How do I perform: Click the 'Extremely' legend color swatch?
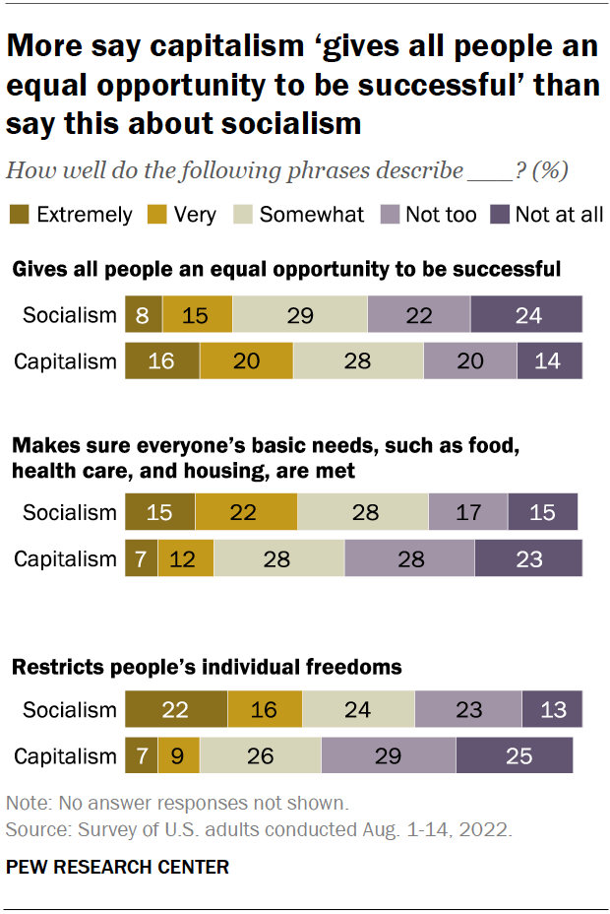coord(20,214)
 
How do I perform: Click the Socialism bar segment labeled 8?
coord(143,314)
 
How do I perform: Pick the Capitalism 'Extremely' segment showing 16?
coord(161,360)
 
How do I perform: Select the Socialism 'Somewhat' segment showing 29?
coord(299,314)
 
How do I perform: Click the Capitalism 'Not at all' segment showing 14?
coord(548,360)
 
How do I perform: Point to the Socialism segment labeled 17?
coord(467,513)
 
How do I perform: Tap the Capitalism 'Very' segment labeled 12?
coord(185,558)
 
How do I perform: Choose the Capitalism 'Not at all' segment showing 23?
coord(527,558)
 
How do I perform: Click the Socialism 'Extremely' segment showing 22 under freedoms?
coord(175,710)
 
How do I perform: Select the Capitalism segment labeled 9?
coord(178,756)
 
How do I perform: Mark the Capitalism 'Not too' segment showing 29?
coord(388,756)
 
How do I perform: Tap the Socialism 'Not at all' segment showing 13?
coord(551,710)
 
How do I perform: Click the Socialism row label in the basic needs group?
coord(69,513)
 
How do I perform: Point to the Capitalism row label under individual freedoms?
coord(65,756)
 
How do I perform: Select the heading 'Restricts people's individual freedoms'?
coord(207,667)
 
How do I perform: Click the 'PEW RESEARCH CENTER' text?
coord(117,867)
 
